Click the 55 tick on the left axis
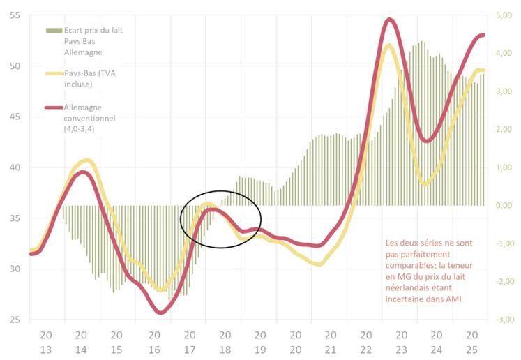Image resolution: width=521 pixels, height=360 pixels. [x=14, y=15]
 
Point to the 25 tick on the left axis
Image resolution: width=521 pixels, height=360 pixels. [x=14, y=320]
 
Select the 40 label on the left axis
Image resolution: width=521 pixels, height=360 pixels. [x=14, y=167]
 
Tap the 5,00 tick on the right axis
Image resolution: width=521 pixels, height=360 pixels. [x=505, y=15]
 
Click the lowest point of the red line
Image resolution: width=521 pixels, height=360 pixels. [x=160, y=313]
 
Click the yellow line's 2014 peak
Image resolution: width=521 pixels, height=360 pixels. [x=85, y=160]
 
